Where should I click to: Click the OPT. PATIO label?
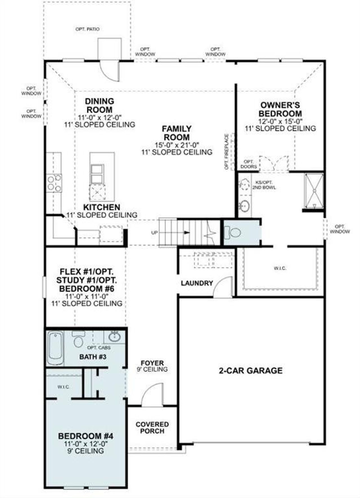click(87, 29)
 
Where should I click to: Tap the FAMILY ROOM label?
click(177, 133)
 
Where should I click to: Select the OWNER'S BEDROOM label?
click(280, 109)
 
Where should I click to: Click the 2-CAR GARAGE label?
click(251, 371)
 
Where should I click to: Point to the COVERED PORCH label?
click(152, 428)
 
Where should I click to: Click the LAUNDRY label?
click(197, 283)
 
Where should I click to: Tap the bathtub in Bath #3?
click(55, 348)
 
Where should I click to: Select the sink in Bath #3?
click(114, 336)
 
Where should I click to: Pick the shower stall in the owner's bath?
click(314, 191)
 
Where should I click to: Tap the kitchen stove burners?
click(54, 183)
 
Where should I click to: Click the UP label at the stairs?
click(154, 233)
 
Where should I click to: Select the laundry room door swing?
click(223, 287)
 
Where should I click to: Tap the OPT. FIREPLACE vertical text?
click(227, 152)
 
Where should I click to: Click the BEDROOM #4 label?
click(85, 436)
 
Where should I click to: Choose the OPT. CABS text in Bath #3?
click(99, 348)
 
